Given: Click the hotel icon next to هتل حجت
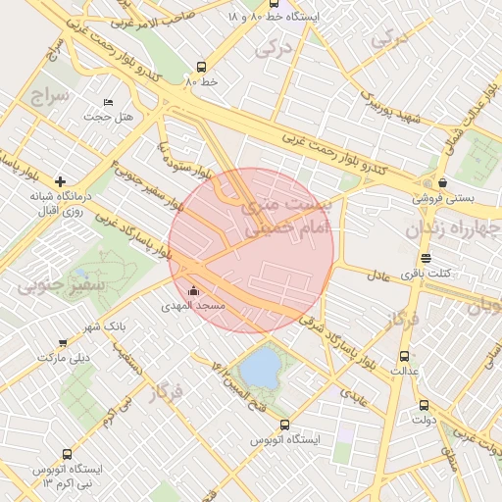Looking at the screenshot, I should tap(108, 102).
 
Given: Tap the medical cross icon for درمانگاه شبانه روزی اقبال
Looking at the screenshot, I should tap(61, 181).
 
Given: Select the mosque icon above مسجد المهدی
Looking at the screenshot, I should tap(192, 291).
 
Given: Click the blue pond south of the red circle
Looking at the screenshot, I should tap(261, 369).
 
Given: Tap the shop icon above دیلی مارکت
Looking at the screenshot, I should tap(63, 343).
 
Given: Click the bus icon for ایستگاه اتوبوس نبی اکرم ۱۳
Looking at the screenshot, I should tap(67, 454).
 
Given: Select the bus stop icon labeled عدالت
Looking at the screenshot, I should tap(404, 357).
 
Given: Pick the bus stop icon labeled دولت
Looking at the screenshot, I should tap(424, 404).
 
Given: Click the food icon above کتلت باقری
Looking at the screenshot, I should tap(426, 258).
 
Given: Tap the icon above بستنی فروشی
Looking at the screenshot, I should tap(443, 181).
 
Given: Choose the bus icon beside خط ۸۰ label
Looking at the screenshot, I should tap(201, 68).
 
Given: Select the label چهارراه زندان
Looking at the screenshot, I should tap(453, 229).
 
